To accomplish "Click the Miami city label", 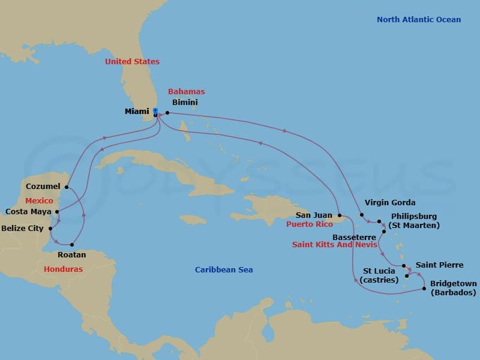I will point(137,112).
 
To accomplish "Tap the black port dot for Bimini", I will point(167,113).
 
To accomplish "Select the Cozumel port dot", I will point(67,187).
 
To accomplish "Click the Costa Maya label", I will point(28,211).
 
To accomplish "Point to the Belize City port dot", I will point(50,229).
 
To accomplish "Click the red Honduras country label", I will point(63,269).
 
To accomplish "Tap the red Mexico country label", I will point(39,201).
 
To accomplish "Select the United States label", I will point(132,62).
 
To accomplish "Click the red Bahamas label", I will point(186,92).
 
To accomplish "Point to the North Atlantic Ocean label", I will point(419,20).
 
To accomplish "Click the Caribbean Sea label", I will point(224,270).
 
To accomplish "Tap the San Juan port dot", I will point(340,215).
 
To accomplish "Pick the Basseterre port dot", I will point(384,231).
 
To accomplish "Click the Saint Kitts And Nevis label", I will point(335,245).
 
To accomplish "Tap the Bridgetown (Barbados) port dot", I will point(425,289).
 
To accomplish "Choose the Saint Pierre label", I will point(439,265).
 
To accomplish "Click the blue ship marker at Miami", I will point(155,112).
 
